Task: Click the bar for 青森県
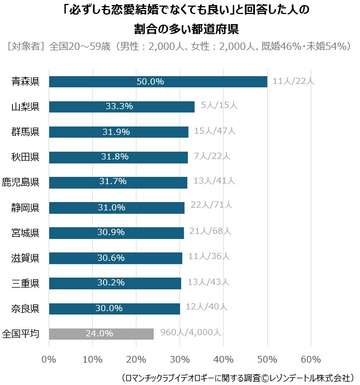[158, 82]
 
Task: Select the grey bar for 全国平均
[101, 334]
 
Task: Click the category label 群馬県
[25, 132]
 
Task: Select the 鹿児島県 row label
[21, 182]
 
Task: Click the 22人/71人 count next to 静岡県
[211, 206]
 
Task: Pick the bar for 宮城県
[116, 233]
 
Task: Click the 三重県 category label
[25, 283]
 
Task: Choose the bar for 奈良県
[115, 308]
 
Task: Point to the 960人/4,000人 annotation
[191, 332]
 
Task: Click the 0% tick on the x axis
[49, 359]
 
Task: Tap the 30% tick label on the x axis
[180, 359]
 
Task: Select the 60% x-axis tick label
[311, 359]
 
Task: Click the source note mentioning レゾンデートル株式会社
[236, 377]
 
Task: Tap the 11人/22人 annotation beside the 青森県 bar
[293, 81]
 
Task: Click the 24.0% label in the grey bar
[99, 334]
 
